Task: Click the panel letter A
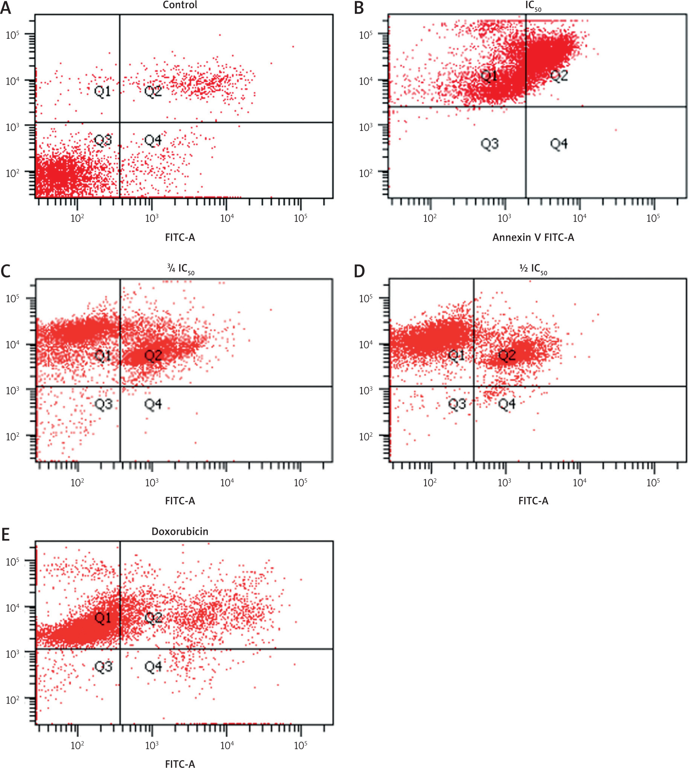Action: click(6, 8)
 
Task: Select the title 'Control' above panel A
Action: click(180, 5)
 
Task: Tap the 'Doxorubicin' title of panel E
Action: click(180, 531)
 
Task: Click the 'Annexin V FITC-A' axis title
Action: click(533, 237)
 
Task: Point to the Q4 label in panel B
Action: click(559, 144)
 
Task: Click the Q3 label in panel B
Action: click(489, 144)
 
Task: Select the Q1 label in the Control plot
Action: click(103, 91)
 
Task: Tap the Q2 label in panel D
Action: click(507, 355)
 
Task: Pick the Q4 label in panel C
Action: click(153, 404)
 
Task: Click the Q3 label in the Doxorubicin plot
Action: click(103, 666)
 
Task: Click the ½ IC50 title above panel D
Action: click(533, 269)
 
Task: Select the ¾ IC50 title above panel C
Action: click(180, 269)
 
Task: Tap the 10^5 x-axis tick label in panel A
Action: click(301, 217)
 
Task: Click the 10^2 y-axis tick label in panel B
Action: click(366, 173)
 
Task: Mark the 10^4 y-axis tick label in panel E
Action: click(12, 607)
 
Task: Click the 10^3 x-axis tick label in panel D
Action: click(505, 482)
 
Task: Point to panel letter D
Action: click(359, 271)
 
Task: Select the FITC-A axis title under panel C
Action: click(180, 501)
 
